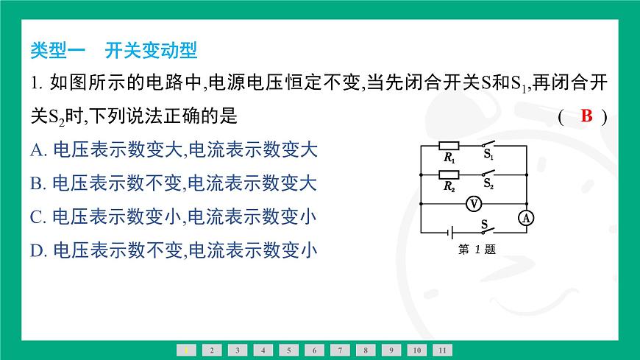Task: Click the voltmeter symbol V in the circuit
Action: click(x=474, y=202)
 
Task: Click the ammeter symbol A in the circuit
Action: click(x=526, y=217)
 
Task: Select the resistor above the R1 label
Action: click(x=449, y=146)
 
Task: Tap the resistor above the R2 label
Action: click(x=449, y=174)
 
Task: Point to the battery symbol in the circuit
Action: click(x=449, y=232)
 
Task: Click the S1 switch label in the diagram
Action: click(x=488, y=156)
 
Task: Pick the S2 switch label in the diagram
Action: click(x=488, y=186)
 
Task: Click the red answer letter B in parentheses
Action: click(x=586, y=116)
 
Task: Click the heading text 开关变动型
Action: click(x=152, y=51)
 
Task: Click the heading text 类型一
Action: click(x=58, y=51)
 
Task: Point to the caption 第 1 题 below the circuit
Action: click(x=477, y=249)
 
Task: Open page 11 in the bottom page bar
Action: click(x=442, y=350)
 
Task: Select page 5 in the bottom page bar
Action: click(x=288, y=350)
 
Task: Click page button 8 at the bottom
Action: click(x=365, y=350)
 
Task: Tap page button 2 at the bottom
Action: click(x=211, y=350)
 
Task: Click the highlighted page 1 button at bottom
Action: click(x=185, y=350)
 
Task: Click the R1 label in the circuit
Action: click(x=449, y=157)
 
